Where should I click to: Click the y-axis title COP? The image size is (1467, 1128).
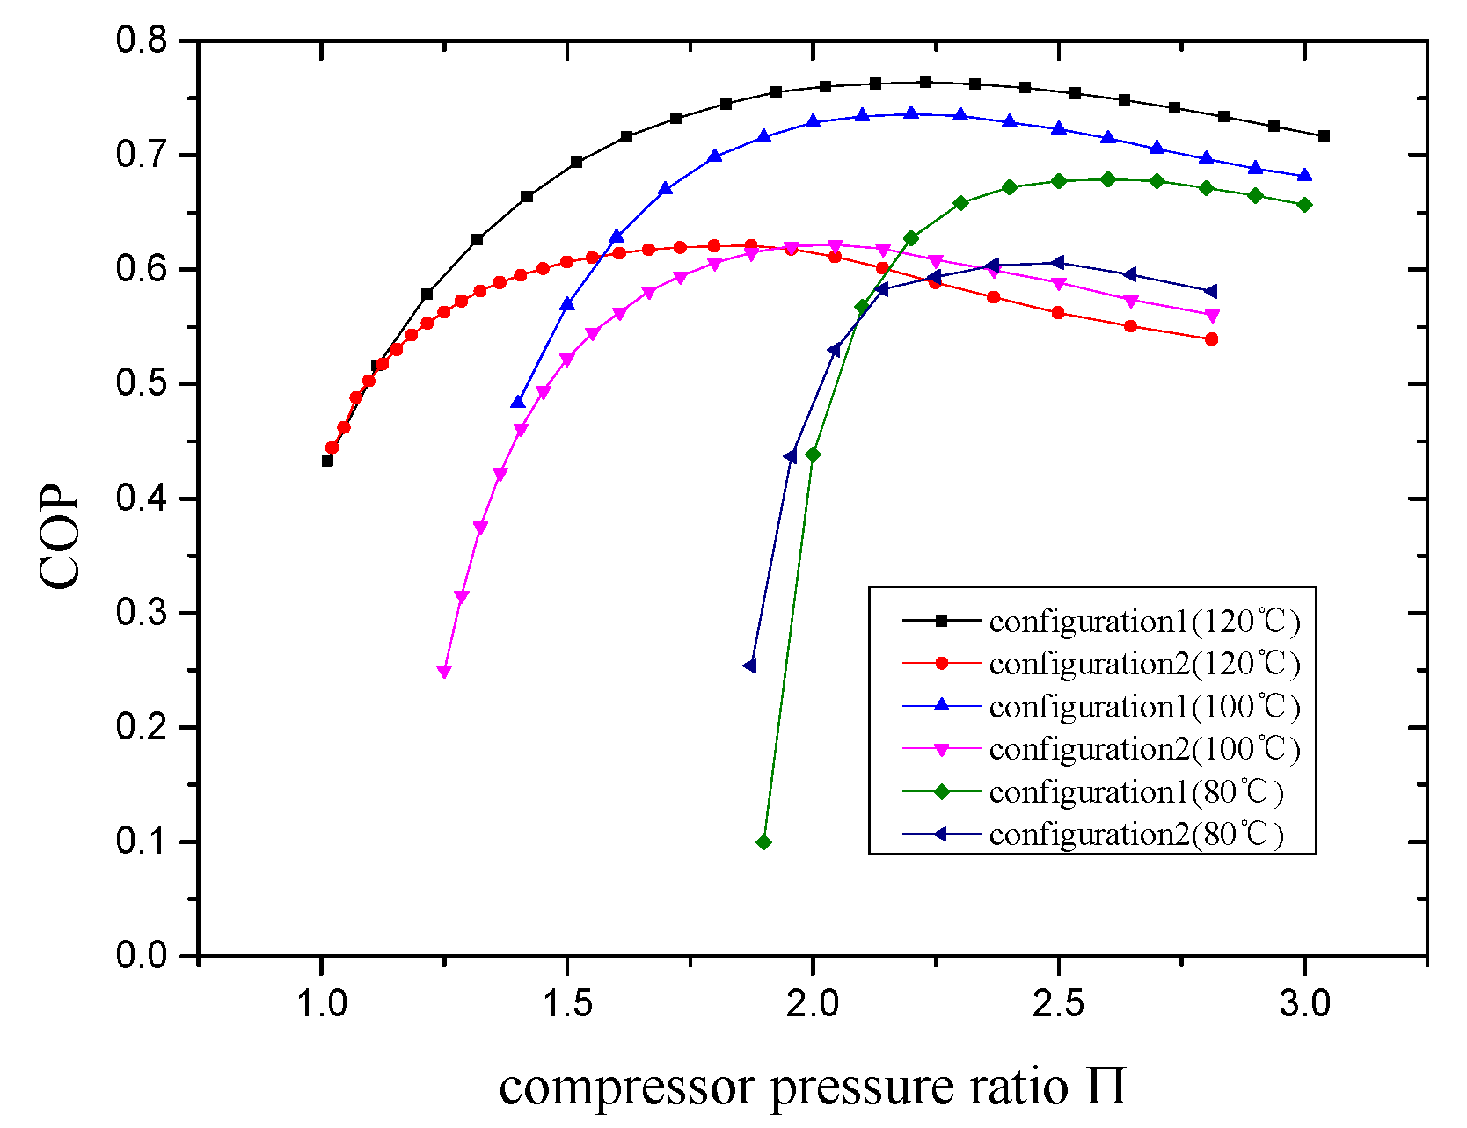[60, 537]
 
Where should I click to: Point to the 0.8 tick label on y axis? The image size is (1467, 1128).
[141, 40]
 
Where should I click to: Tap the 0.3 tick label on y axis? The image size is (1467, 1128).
[141, 613]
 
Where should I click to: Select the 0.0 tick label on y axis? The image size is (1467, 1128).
[141, 956]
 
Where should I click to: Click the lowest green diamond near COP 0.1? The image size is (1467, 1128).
[763, 842]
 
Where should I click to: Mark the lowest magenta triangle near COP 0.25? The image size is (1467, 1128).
[444, 672]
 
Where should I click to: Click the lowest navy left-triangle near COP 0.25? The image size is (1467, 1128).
[749, 666]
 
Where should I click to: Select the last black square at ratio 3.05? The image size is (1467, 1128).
[1324, 135]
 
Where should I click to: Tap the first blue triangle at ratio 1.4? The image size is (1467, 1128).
[518, 402]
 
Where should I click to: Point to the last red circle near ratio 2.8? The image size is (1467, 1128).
[1212, 339]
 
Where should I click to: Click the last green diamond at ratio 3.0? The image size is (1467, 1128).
[1304, 205]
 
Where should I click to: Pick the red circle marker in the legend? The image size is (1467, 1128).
[941, 664]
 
